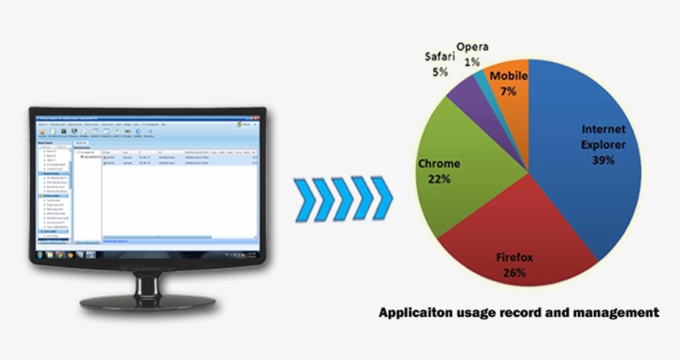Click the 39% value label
(603, 160)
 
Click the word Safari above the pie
(440, 57)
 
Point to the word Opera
(472, 46)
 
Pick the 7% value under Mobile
(508, 90)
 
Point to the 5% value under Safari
(440, 72)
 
